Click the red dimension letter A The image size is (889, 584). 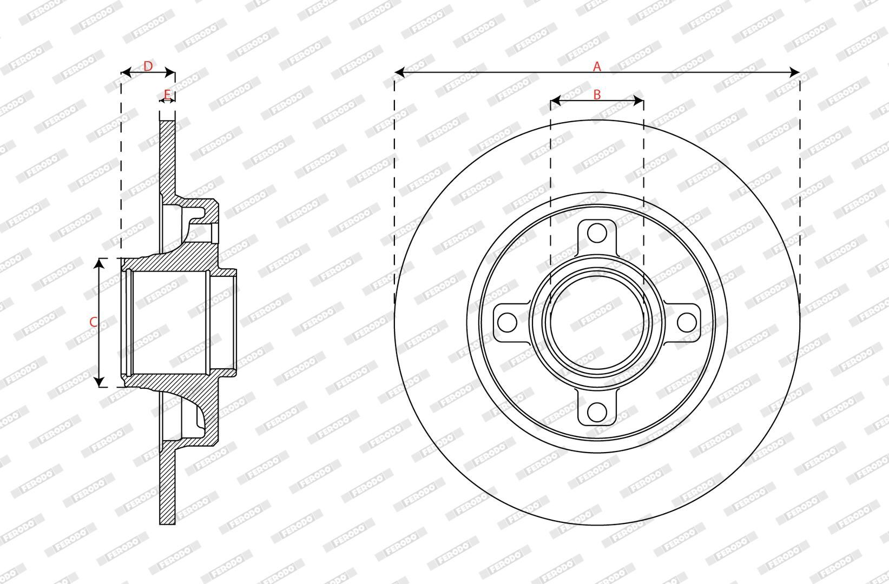(x=597, y=67)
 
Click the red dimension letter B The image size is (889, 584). (x=597, y=95)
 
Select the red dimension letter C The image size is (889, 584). (x=93, y=322)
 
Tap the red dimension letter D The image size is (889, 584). (x=148, y=67)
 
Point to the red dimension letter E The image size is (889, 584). (x=167, y=95)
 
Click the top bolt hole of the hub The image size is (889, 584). (x=597, y=233)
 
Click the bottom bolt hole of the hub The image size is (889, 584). (x=597, y=412)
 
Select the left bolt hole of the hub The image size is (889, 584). (x=508, y=322)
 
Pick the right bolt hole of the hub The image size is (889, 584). (x=686, y=322)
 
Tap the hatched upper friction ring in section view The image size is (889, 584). (x=167, y=157)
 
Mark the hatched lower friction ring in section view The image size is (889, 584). (x=167, y=487)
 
